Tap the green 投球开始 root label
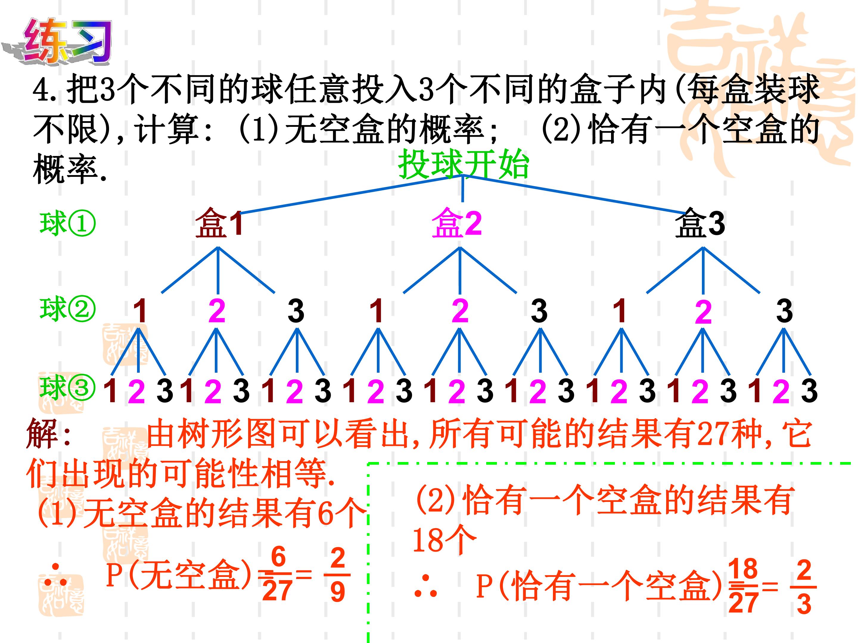click(464, 164)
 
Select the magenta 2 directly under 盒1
click(217, 311)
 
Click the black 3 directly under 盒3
click(784, 311)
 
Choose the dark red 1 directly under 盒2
click(377, 311)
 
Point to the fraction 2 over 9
click(338, 574)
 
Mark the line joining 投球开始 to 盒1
click(351, 194)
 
